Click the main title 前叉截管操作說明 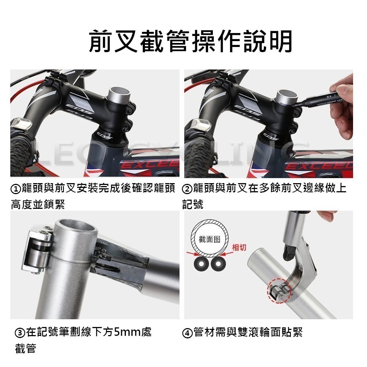190,41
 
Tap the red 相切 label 239,248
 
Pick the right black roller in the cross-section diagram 217,264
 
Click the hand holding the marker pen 341,110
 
